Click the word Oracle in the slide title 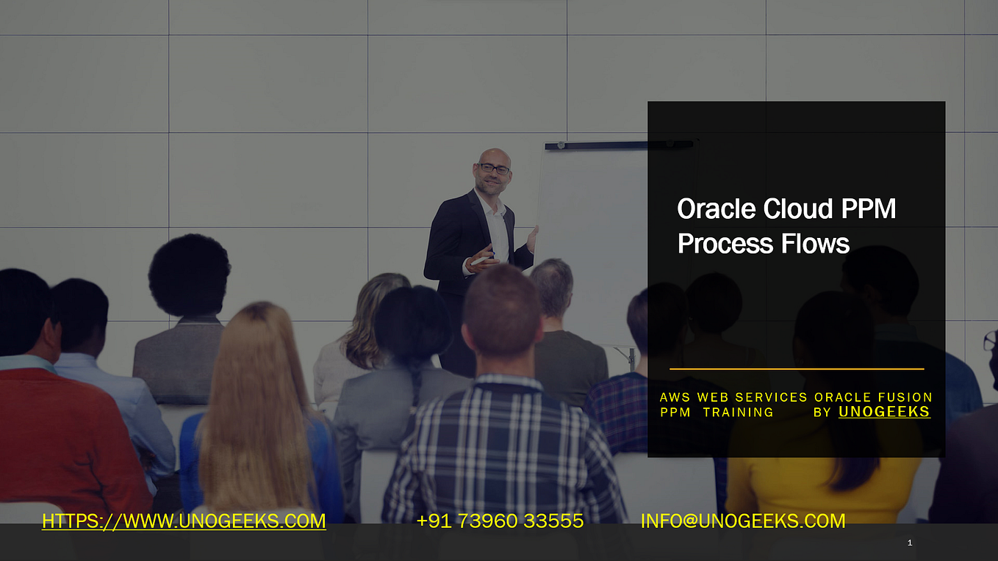tap(717, 209)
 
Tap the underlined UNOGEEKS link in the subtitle tap(884, 412)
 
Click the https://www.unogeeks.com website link tap(184, 521)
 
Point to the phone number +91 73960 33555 tap(500, 521)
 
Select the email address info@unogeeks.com tap(743, 521)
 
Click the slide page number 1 tap(910, 543)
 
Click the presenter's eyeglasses tap(494, 168)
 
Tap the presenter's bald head tap(494, 156)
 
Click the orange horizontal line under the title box tap(797, 369)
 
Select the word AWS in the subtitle tap(675, 397)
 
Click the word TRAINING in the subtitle tap(739, 412)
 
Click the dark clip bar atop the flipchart tap(620, 145)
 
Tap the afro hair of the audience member tap(189, 274)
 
